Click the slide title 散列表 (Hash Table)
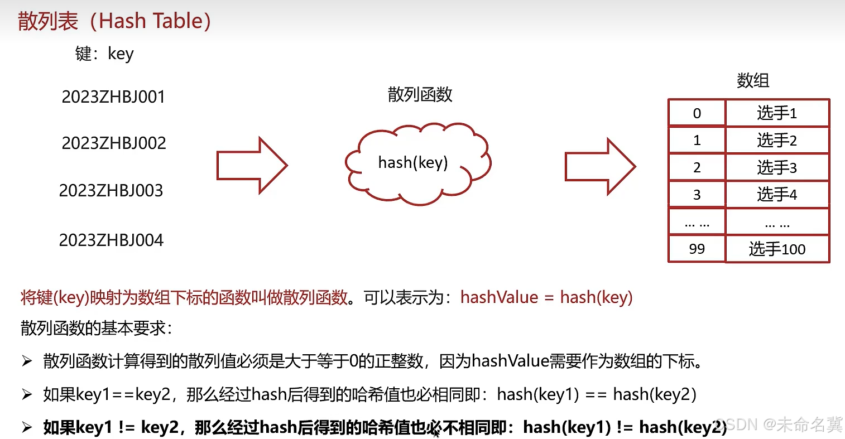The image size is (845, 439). pyautogui.click(x=114, y=21)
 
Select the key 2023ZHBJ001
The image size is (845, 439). pyautogui.click(x=113, y=97)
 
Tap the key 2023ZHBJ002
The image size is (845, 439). pyautogui.click(x=114, y=143)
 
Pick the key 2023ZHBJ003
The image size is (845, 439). pyautogui.click(x=111, y=191)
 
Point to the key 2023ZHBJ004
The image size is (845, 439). pyautogui.click(x=111, y=240)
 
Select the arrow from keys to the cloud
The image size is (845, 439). pyautogui.click(x=252, y=166)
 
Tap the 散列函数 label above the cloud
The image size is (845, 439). pyautogui.click(x=420, y=94)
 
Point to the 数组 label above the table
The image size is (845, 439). pyautogui.click(x=752, y=80)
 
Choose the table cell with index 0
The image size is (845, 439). pyautogui.click(x=697, y=113)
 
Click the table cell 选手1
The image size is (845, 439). pyautogui.click(x=777, y=113)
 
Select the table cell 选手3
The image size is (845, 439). pyautogui.click(x=777, y=167)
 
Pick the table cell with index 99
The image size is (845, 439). pyautogui.click(x=697, y=249)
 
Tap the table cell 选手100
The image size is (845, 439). pyautogui.click(x=777, y=249)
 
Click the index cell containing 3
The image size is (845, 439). pyautogui.click(x=697, y=195)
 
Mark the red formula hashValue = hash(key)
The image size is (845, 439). pyautogui.click(x=546, y=297)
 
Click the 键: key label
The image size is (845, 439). pyautogui.click(x=104, y=54)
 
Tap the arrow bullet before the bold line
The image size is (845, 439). pyautogui.click(x=27, y=427)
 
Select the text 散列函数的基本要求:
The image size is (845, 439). pyautogui.click(x=97, y=328)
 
